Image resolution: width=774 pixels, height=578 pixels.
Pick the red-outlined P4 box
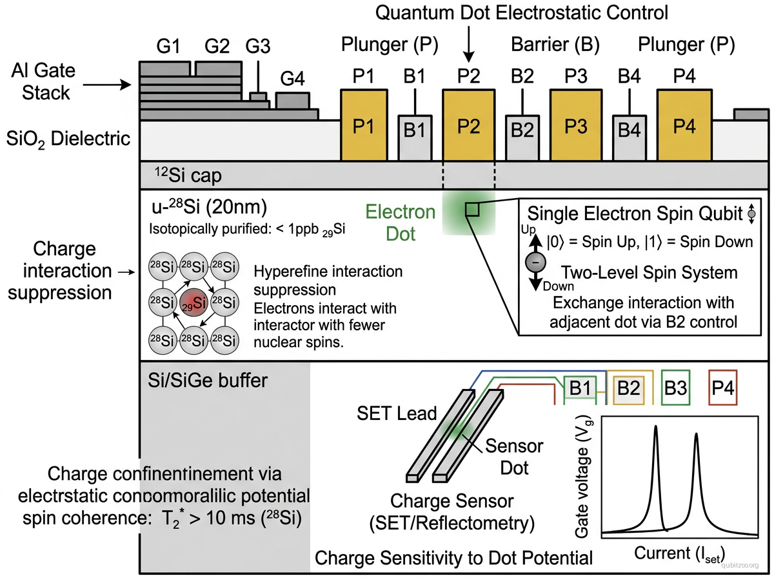tap(722, 388)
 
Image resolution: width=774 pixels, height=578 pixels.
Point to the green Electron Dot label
tap(401, 223)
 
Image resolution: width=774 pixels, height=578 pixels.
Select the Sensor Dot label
tap(513, 455)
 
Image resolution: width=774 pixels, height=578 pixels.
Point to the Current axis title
tap(680, 553)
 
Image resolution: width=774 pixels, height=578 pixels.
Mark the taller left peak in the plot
tap(655, 428)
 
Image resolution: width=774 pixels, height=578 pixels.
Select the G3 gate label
tap(258, 47)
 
